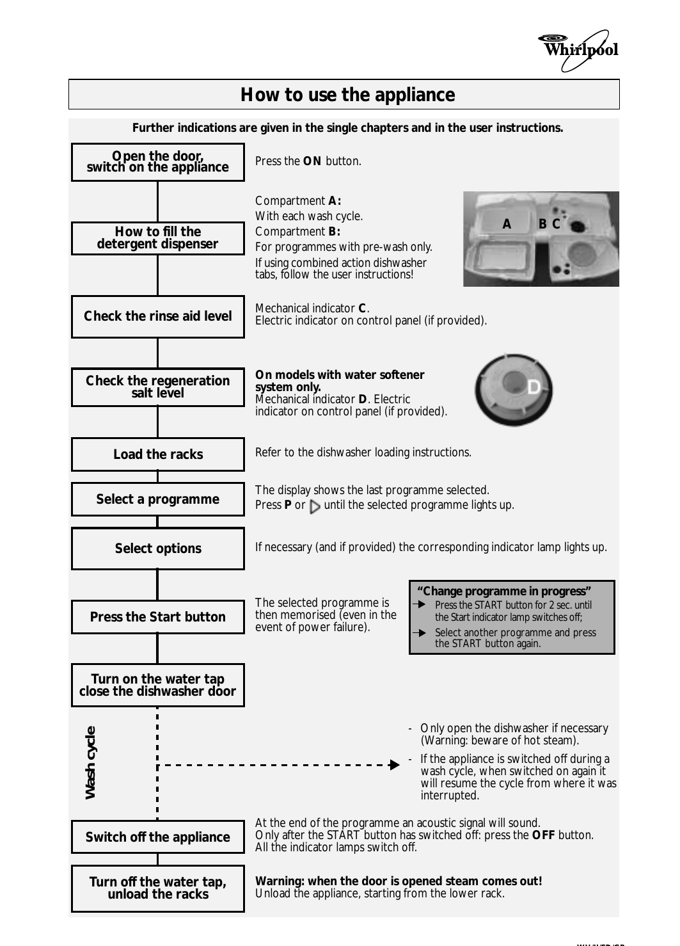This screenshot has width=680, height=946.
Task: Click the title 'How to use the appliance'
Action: (x=347, y=95)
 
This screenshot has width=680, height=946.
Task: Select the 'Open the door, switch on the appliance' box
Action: (x=157, y=162)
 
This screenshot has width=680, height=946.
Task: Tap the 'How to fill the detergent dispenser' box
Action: (x=157, y=238)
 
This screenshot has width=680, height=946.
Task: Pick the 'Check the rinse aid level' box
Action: (x=157, y=316)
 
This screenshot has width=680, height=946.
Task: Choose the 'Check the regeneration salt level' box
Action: (x=157, y=387)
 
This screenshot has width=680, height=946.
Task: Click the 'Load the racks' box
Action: (x=157, y=454)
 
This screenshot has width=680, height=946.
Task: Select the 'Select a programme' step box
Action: (x=157, y=499)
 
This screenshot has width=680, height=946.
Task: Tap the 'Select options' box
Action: (x=157, y=549)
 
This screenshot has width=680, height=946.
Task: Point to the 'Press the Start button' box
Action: (x=157, y=617)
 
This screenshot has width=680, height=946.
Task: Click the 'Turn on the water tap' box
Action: (x=157, y=685)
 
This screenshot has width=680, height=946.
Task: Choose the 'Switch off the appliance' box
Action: (x=157, y=837)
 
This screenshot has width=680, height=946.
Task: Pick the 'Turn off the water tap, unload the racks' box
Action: (x=157, y=888)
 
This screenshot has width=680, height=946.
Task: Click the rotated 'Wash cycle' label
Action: (x=91, y=762)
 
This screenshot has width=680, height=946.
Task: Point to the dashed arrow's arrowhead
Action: (x=395, y=765)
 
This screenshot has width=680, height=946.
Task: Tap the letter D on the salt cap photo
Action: (x=534, y=387)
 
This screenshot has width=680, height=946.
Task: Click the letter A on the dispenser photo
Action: (x=507, y=224)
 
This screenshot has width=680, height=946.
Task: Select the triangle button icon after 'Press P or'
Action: (x=315, y=507)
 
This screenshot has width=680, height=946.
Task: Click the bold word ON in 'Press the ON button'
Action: (x=312, y=161)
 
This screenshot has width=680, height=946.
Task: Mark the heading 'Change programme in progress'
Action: (x=504, y=591)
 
